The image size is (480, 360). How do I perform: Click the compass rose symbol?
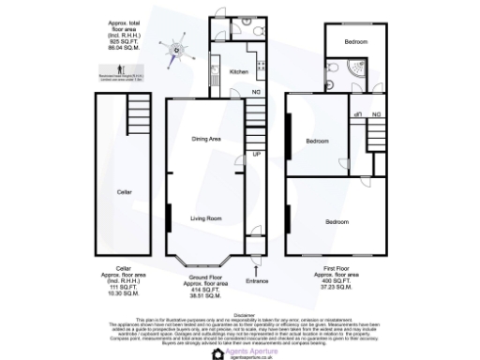tap(175, 50)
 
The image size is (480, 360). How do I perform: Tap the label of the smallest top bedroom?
tap(354, 41)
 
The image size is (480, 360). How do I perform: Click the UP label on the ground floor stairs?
tap(254, 152)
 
